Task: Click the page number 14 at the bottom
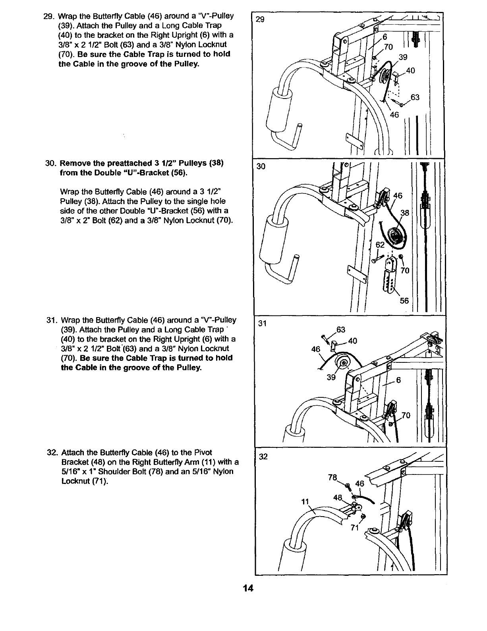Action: coord(249,588)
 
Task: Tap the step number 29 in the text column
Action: coord(47,17)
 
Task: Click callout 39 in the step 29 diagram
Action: coord(403,57)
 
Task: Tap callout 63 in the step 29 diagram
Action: coord(415,97)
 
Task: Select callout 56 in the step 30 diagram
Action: coord(404,301)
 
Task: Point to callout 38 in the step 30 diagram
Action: coord(404,213)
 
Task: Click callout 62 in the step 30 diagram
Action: coord(380,245)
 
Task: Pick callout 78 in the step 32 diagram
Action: coord(333,477)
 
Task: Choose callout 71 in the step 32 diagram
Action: coord(355,528)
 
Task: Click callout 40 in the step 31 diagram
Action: coord(352,341)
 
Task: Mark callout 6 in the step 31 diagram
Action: coord(398,380)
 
